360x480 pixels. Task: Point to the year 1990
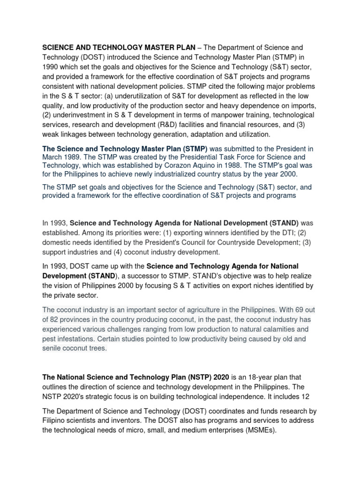(x=51, y=67)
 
